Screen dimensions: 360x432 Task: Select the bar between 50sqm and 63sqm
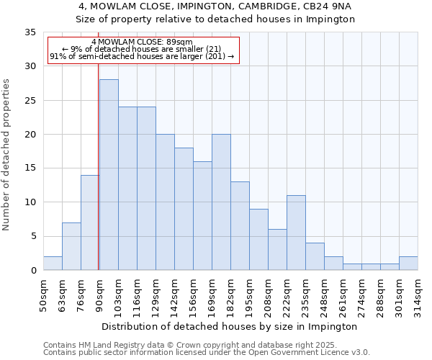tap(53, 263)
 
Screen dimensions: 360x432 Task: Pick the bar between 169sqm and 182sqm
tap(221, 202)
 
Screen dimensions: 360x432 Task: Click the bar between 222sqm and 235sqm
tap(296, 233)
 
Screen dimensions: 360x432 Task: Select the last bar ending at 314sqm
tap(408, 263)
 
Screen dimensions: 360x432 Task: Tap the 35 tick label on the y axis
tap(30, 32)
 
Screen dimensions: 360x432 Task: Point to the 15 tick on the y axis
tap(30, 168)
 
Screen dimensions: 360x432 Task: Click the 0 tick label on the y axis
tap(32, 271)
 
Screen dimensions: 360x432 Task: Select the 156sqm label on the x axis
tap(193, 293)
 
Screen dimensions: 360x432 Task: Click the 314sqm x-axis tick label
tap(418, 293)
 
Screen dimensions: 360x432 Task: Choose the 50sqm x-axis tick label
tap(43, 293)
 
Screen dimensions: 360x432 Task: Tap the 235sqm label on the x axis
tap(305, 293)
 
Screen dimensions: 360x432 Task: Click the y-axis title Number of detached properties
tap(7, 155)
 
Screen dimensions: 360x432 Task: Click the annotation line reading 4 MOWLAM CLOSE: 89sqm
tap(143, 42)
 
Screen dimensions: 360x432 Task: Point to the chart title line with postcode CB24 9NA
tap(215, 6)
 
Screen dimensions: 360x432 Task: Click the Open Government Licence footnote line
tap(207, 353)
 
